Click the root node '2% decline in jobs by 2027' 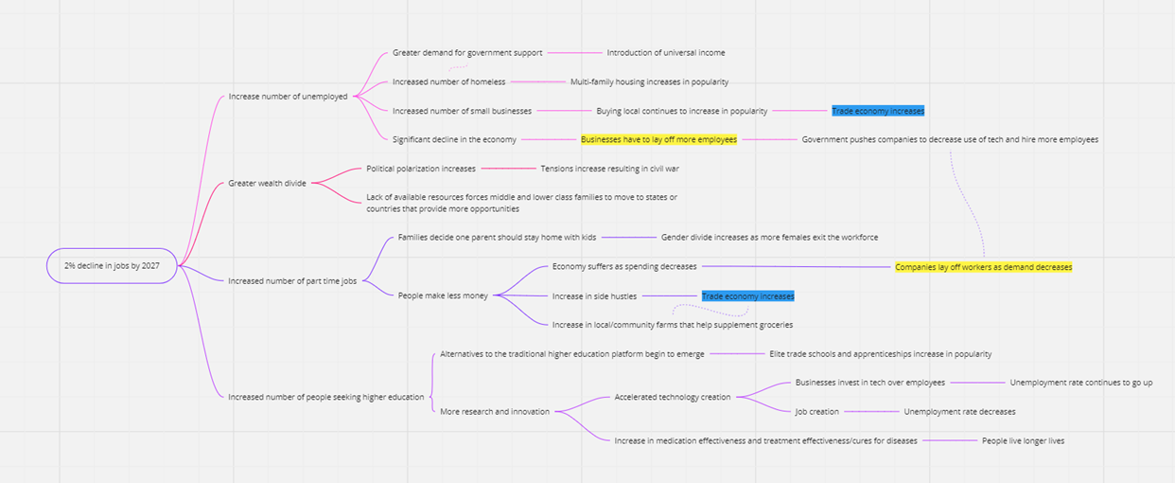(x=112, y=266)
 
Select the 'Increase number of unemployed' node (x=288, y=97)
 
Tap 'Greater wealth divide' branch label (x=267, y=183)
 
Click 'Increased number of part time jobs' (x=291, y=281)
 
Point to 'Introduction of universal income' (x=666, y=53)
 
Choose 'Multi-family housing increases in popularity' (x=649, y=82)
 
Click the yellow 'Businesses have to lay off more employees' (x=658, y=139)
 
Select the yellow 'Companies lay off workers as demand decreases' (x=983, y=267)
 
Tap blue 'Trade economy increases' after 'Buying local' (x=878, y=111)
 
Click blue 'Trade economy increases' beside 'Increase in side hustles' (x=747, y=296)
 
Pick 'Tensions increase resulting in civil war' (x=609, y=169)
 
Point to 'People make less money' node (x=443, y=295)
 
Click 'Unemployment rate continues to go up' (x=1080, y=383)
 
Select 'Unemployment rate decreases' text (x=959, y=412)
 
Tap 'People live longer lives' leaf (x=1023, y=440)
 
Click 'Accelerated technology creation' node (x=672, y=397)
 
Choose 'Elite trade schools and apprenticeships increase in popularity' (x=880, y=354)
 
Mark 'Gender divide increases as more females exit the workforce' (x=769, y=237)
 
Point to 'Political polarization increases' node (x=421, y=169)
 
